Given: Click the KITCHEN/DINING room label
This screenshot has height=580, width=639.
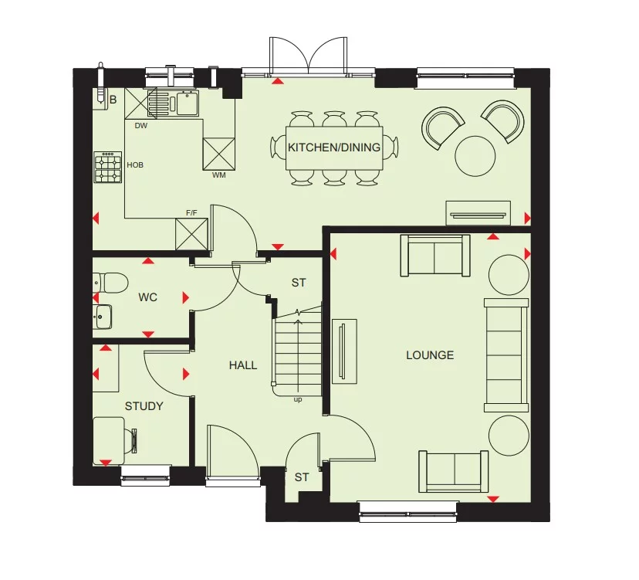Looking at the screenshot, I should (x=334, y=147).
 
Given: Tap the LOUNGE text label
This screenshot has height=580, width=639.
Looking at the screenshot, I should (x=430, y=355).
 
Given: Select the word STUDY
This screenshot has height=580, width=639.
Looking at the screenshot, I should (x=144, y=406).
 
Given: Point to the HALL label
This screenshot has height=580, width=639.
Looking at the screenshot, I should (x=242, y=365).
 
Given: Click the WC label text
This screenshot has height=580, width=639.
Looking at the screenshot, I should (x=147, y=297).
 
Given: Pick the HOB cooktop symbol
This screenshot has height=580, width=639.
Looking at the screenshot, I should (x=107, y=168).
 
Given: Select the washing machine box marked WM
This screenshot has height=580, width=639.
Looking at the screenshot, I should (x=218, y=153).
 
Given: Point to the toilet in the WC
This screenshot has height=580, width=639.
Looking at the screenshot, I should (x=110, y=283).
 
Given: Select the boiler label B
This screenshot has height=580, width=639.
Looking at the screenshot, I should (x=113, y=99).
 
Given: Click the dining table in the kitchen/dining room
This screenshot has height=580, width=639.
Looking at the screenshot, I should (x=334, y=147).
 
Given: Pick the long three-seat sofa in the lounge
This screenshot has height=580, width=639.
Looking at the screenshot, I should (x=506, y=354).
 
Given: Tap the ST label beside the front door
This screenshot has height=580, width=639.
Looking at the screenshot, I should (x=301, y=477).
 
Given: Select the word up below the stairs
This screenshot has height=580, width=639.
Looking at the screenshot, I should (x=298, y=400).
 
